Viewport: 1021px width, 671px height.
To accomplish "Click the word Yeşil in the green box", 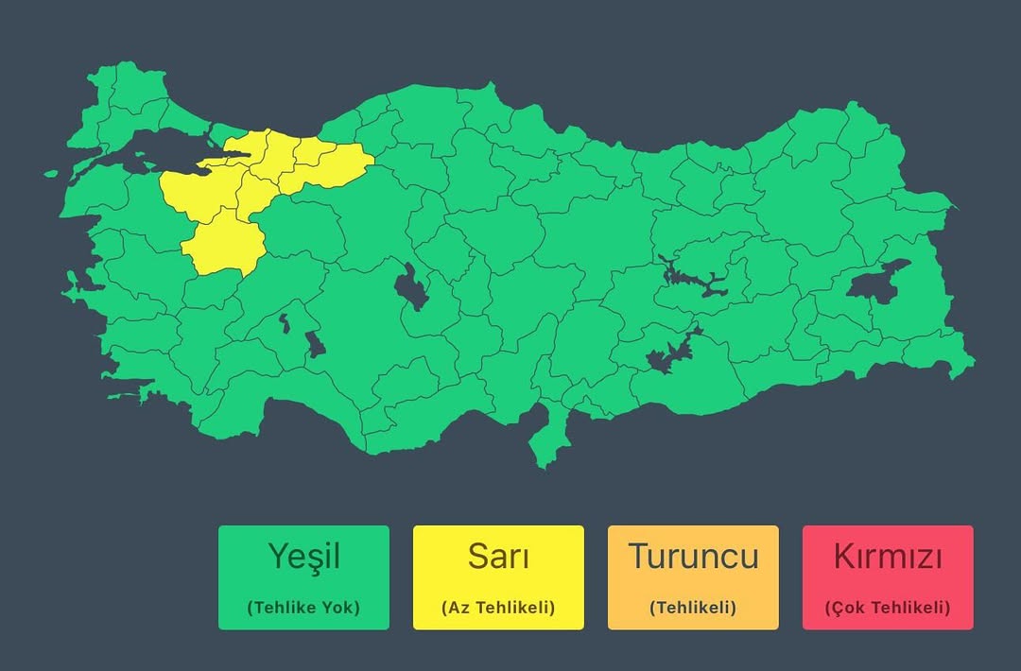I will (303, 556).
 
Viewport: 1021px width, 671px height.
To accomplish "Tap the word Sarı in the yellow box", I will (498, 556).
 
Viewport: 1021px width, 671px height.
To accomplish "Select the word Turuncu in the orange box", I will (693, 556).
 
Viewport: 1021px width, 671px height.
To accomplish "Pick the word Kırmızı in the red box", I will (888, 556).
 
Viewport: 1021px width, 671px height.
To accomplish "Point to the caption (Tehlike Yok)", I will (303, 608).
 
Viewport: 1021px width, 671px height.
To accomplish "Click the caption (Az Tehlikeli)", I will (498, 608).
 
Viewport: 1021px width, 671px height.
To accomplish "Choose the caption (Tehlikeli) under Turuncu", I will (693, 608).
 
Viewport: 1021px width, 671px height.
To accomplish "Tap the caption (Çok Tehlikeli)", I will (888, 608).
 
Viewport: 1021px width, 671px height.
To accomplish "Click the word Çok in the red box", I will (846, 608).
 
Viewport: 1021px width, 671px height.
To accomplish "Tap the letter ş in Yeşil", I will (308, 558).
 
